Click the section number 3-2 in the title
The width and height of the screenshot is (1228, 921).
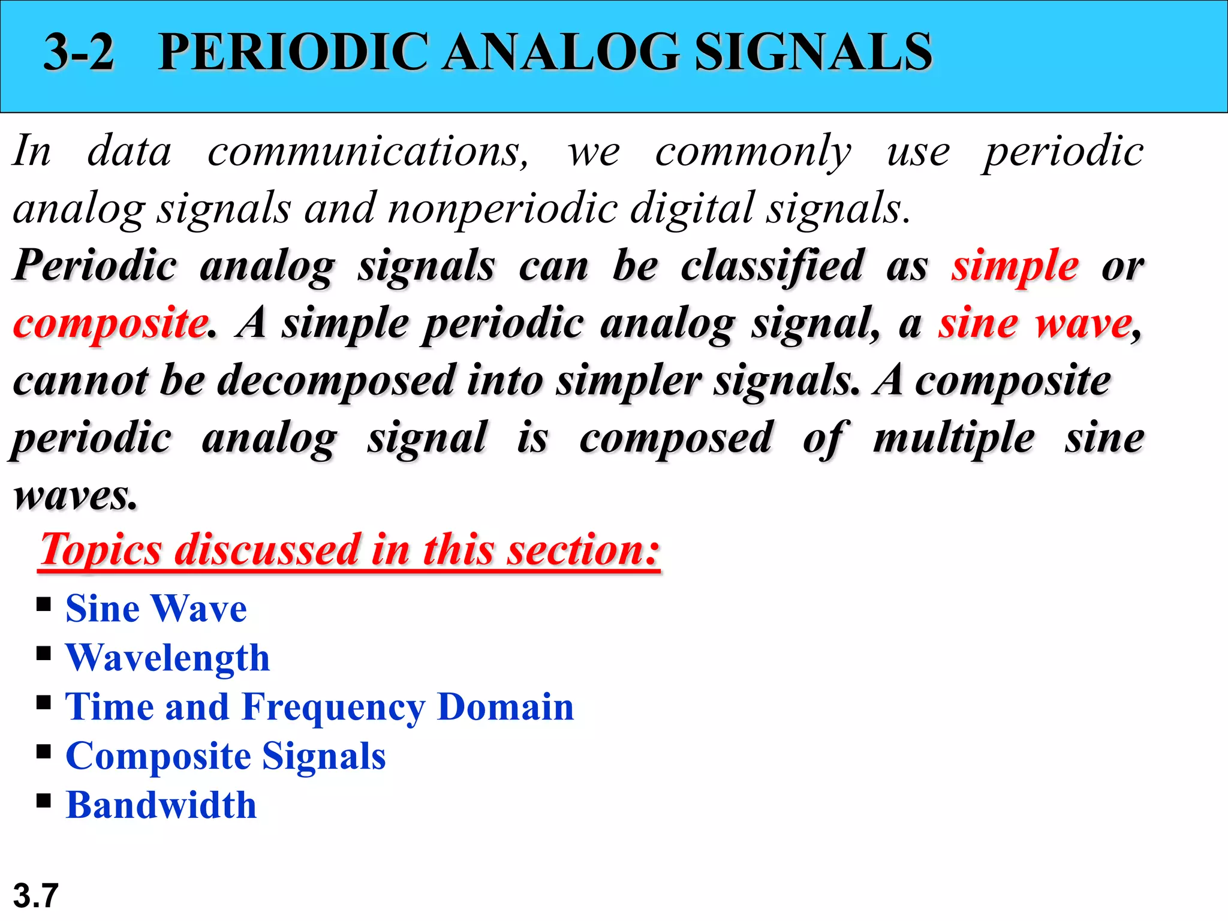coord(79,52)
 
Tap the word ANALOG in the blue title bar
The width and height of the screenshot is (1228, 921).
coord(561,52)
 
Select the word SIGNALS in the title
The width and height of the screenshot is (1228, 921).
coord(813,52)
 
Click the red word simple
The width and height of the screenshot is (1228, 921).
coord(1015,266)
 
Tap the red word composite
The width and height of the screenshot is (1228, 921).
coord(110,324)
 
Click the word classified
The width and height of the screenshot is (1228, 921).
coord(772,266)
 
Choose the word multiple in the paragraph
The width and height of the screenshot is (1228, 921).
coord(953,438)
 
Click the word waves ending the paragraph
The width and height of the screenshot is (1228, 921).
coord(75,496)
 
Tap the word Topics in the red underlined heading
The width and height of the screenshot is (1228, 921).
coord(101,549)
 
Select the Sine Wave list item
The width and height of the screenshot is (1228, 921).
coord(156,609)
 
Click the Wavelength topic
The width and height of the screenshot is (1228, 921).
coord(168,658)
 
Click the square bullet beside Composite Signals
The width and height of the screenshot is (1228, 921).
coord(43,752)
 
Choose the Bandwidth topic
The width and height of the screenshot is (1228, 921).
coord(161,805)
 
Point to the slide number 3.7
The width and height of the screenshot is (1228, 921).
coord(35,896)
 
